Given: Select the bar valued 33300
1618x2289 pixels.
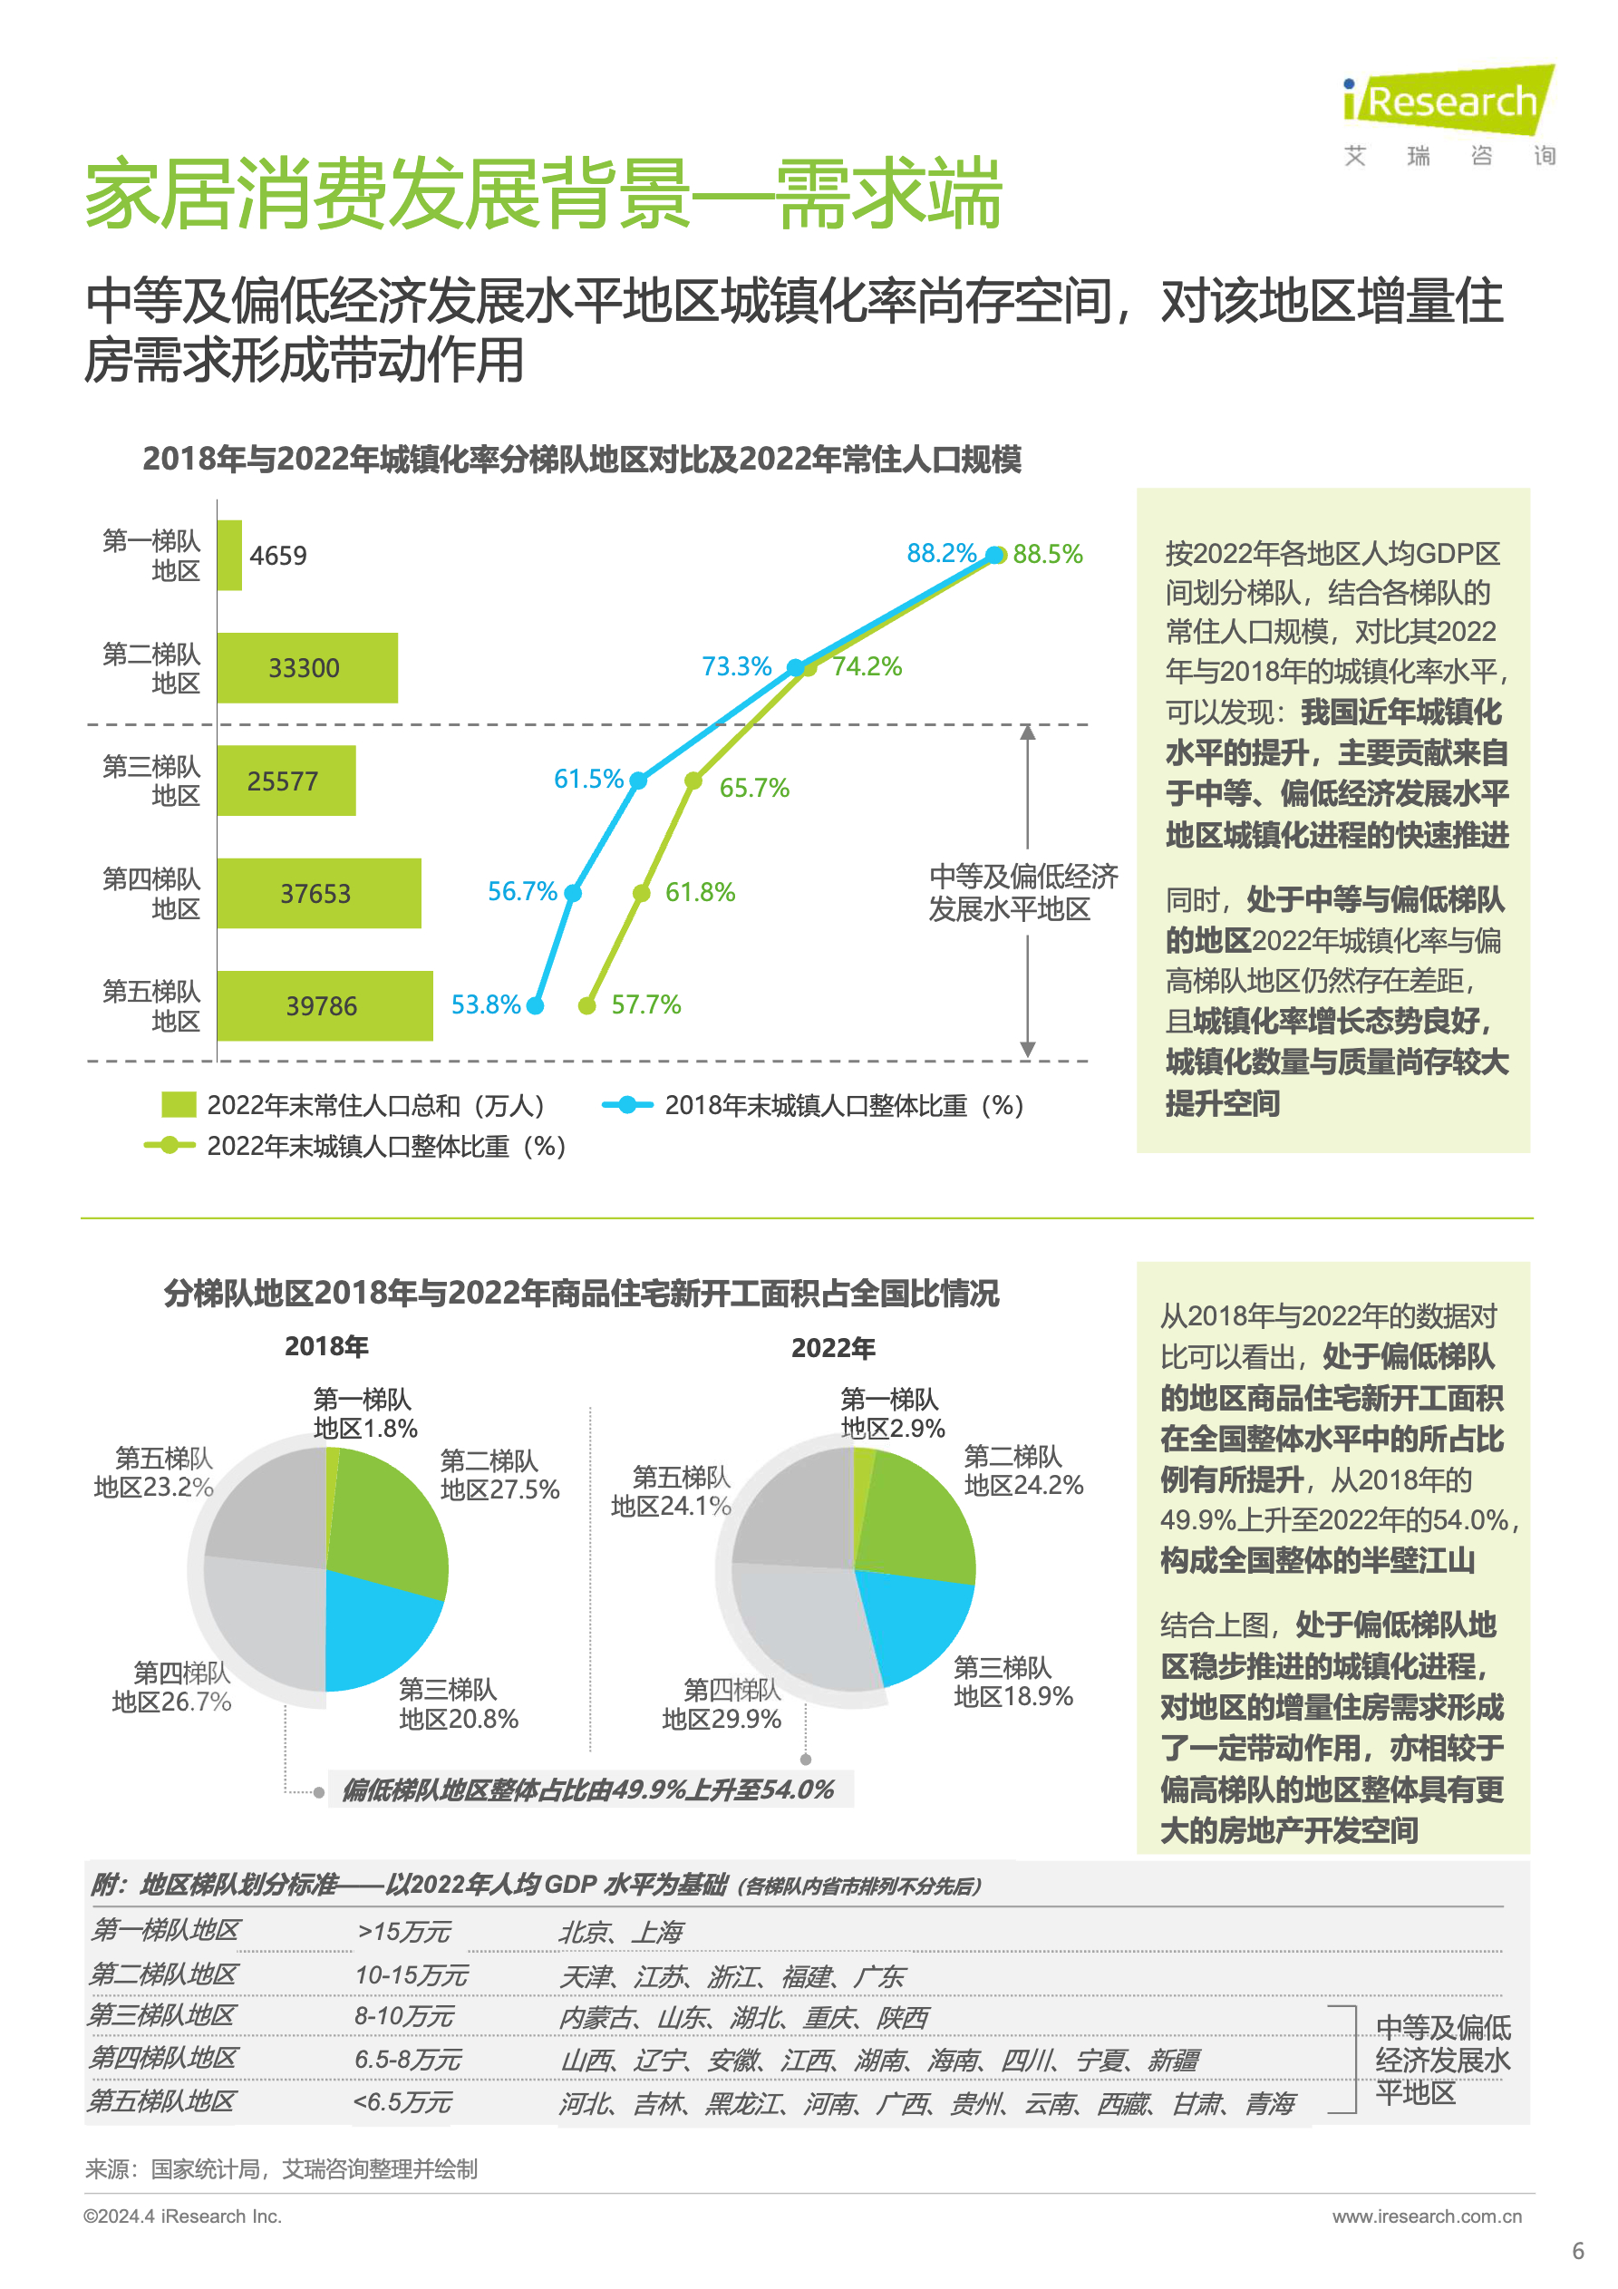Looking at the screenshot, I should coord(306,668).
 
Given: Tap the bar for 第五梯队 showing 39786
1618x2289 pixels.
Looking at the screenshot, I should coord(324,1005).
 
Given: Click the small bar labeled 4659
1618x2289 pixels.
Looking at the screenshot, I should coord(229,556).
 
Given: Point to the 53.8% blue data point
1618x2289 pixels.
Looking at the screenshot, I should coord(536,1005).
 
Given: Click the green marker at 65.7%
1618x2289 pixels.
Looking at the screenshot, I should coord(693,781).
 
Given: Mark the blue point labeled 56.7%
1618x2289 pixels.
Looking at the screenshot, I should coord(572,892).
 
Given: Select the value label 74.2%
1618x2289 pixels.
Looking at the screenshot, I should coord(867,666).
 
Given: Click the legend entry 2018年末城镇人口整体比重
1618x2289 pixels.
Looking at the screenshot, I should coord(842,1105).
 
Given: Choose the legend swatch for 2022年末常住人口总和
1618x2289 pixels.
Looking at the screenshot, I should coord(179,1105).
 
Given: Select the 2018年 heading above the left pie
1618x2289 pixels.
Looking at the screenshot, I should coord(326,1346).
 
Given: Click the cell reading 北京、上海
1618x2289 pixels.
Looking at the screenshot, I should coord(620,1932).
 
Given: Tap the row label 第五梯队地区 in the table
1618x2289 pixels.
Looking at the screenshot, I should coord(161,2101).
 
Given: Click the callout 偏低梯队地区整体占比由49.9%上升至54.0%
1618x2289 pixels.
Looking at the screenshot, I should coord(588,1789).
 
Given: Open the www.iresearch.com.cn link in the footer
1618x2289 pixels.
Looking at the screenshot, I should coord(1426,2216).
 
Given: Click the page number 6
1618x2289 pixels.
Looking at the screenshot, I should coord(1577,2251).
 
